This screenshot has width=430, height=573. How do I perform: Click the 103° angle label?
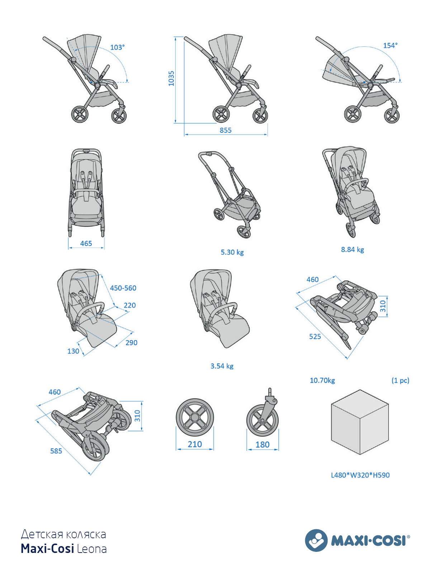tap(117, 47)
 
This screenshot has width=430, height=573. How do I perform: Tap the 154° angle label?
tap(390, 46)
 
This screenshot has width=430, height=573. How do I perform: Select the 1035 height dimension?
tap(171, 78)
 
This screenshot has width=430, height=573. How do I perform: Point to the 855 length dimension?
tap(226, 130)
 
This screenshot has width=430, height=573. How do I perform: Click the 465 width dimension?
tap(86, 243)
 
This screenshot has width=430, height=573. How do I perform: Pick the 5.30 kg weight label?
tap(232, 252)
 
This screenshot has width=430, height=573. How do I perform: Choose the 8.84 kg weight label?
tap(352, 250)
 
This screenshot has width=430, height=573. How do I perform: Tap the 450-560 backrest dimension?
tap(123, 288)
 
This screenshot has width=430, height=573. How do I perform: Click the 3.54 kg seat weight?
tap(222, 366)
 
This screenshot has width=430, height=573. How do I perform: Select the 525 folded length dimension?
tap(315, 337)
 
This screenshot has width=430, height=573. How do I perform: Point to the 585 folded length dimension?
tap(56, 451)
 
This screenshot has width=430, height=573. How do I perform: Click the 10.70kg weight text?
tap(322, 380)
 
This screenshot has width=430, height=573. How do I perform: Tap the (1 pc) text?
tap(400, 380)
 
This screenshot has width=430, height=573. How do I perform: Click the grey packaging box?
tap(360, 422)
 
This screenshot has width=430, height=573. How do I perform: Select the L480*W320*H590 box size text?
tap(360, 475)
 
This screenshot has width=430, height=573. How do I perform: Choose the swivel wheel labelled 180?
tap(263, 420)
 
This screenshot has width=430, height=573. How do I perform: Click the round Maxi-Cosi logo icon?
tap(316, 540)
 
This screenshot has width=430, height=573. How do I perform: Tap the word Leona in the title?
tap(92, 549)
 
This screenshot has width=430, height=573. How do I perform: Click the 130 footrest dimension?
tap(73, 351)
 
